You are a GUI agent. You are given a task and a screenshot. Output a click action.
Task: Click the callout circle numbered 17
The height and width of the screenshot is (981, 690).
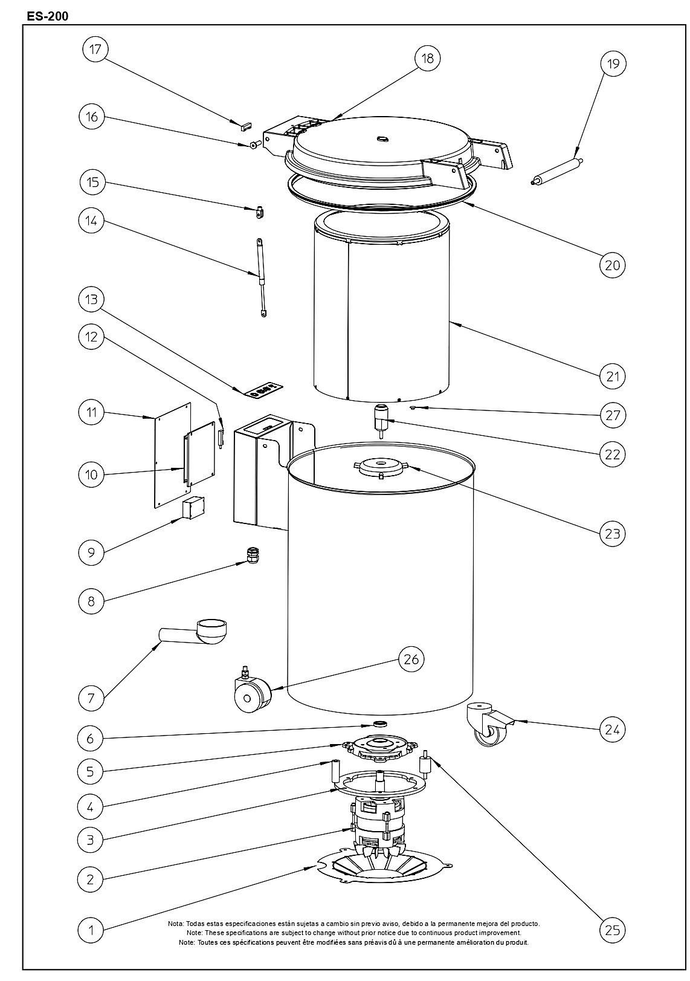pyautogui.click(x=95, y=49)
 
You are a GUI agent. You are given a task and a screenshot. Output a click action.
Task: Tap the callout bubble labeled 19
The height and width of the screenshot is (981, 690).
pyautogui.click(x=613, y=64)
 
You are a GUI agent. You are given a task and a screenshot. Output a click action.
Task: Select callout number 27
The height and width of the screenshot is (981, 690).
pyautogui.click(x=613, y=415)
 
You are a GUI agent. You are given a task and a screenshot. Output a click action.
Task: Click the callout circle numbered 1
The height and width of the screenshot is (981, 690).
pyautogui.click(x=91, y=930)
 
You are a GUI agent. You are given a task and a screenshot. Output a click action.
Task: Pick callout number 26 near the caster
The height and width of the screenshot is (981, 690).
pyautogui.click(x=411, y=659)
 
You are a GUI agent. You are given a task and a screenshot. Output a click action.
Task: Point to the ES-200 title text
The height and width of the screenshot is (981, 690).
pyautogui.click(x=48, y=17)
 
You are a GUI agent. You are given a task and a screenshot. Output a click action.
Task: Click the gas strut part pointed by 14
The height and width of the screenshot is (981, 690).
pyautogui.click(x=261, y=277)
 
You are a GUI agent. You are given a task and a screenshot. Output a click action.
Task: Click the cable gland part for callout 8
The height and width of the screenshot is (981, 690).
pyautogui.click(x=251, y=555)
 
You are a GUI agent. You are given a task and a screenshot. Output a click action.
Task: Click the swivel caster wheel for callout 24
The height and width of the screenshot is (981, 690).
pyautogui.click(x=489, y=727)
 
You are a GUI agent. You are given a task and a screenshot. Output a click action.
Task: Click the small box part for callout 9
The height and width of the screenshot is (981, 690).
pyautogui.click(x=193, y=508)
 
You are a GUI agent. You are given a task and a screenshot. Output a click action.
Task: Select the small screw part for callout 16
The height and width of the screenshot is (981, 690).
pyautogui.click(x=255, y=144)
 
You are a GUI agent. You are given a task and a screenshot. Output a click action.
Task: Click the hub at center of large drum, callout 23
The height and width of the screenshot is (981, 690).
pyautogui.click(x=381, y=467)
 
